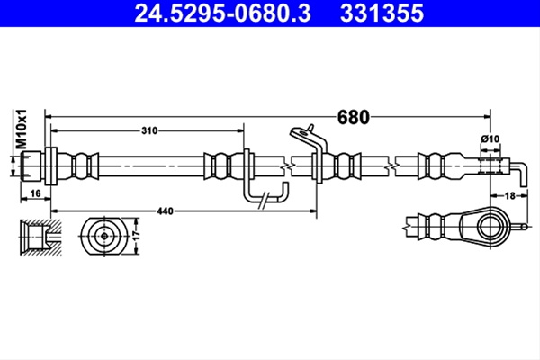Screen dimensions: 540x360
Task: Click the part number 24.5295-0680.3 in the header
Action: coord(222,13)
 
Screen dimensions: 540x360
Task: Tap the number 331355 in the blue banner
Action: coord(382,13)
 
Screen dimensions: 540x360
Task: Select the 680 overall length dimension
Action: coord(353,117)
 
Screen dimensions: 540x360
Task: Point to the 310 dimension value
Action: coord(149,130)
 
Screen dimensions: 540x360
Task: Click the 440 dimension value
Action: coord(165,211)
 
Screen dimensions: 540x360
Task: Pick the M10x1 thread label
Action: coord(22,130)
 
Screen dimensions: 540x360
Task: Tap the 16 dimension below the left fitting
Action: coord(35,193)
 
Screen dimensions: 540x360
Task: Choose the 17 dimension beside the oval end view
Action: coord(137,236)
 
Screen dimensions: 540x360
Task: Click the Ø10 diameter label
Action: coord(490,139)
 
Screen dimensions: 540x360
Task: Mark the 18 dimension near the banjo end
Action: coord(509,195)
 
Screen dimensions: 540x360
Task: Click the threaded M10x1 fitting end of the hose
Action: coord(32,166)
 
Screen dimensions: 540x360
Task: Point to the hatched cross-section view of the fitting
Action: coord(40,237)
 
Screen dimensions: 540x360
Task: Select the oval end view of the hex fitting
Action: coord(104,237)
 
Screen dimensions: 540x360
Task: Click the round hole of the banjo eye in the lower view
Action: coord(490,227)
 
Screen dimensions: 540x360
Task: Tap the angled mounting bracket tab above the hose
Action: coord(308,138)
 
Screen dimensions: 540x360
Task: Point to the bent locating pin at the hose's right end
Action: coord(518,174)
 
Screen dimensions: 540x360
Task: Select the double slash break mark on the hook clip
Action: coord(264,201)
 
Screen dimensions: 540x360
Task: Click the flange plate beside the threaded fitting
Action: coord(50,166)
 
